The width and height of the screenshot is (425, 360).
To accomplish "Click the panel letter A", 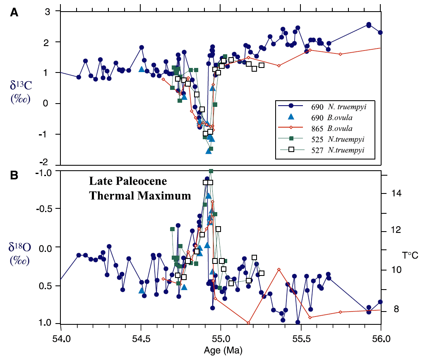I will pos(14,13).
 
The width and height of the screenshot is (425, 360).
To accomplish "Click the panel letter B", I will pos(14,175).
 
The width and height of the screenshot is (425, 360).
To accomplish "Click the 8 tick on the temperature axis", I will pos(396,310).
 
